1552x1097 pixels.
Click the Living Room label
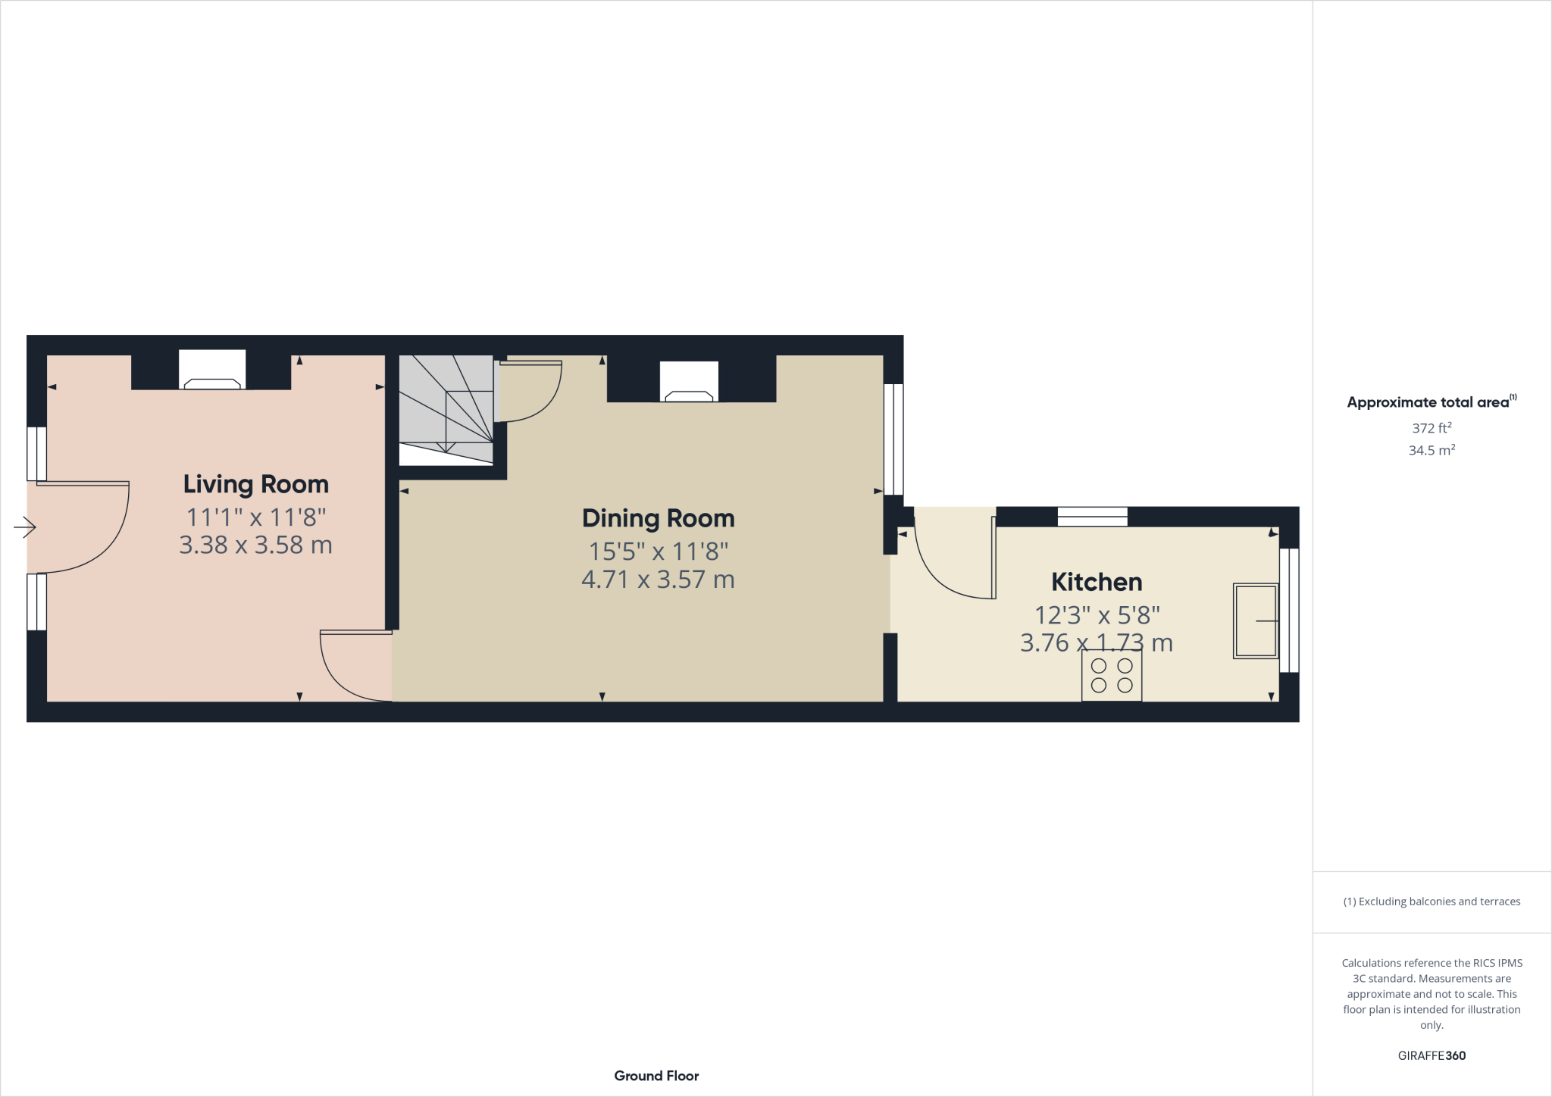point(256,484)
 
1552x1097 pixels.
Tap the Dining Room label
point(658,518)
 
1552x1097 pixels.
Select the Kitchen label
point(1097,582)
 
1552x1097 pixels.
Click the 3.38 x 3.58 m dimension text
point(256,545)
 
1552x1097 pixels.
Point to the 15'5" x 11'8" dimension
point(658,552)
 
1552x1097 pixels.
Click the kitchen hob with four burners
point(1112,675)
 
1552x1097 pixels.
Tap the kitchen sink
point(1256,620)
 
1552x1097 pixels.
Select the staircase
point(446,409)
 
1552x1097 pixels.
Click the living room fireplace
point(212,370)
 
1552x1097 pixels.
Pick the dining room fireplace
point(689,383)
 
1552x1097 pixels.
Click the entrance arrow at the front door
point(25,527)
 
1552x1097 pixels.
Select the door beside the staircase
point(534,394)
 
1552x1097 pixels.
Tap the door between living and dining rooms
point(349,670)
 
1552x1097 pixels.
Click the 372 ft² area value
point(1432,428)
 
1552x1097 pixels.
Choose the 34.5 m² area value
point(1432,450)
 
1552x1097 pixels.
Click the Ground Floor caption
point(656,1076)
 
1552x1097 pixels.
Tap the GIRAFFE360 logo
point(1432,1055)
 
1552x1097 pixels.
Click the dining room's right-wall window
point(894,439)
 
